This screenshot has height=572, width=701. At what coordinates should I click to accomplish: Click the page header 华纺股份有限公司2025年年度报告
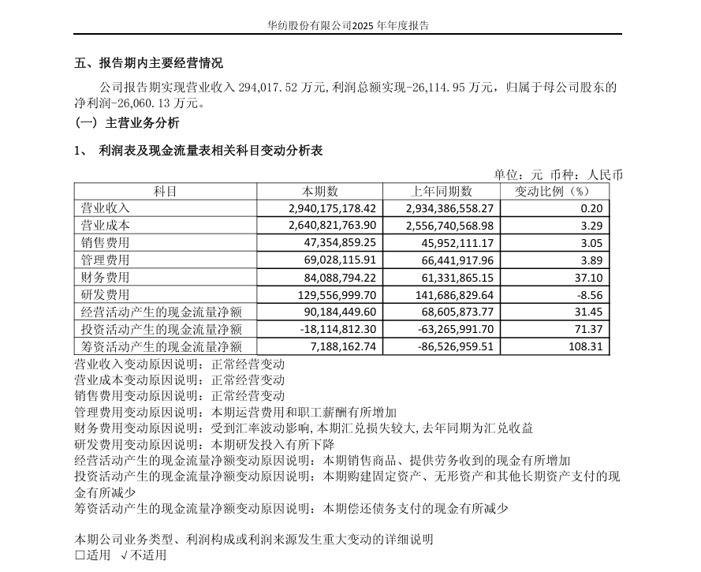tap(349, 25)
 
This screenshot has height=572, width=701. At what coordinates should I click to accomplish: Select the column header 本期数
tap(320, 192)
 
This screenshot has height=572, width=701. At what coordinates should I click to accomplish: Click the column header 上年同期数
tap(442, 192)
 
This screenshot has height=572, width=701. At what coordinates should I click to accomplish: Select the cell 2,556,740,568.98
tap(449, 226)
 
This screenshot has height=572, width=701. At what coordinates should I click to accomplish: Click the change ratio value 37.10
tap(589, 278)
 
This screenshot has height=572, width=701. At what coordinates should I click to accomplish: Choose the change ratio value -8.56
tap(589, 295)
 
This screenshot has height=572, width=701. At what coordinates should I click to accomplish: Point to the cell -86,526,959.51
tap(449, 346)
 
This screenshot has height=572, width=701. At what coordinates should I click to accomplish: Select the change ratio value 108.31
tap(586, 346)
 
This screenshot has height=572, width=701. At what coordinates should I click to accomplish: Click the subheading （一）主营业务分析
tap(127, 122)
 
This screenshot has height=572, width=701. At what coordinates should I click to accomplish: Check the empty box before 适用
tap(80, 555)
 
